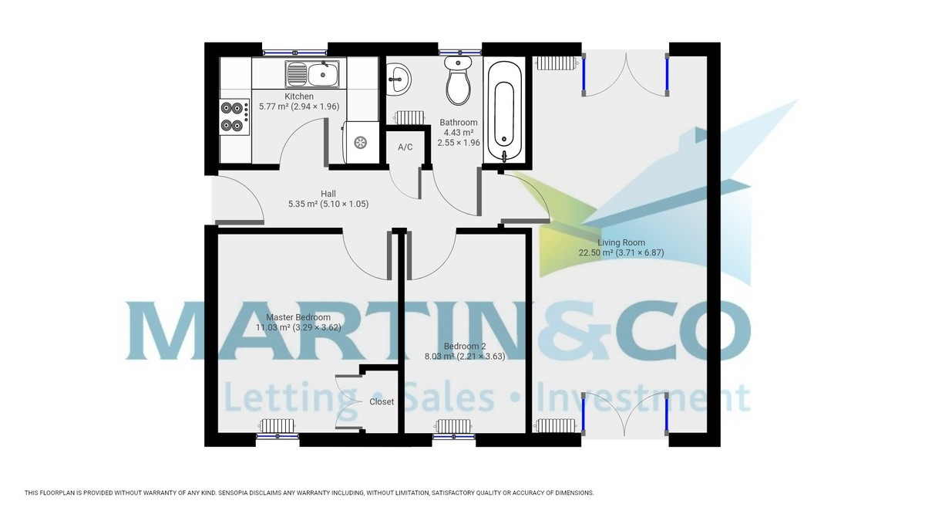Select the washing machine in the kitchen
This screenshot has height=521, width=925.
(360, 142)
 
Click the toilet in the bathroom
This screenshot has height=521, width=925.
(458, 80)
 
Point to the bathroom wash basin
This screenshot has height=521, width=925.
(399, 79)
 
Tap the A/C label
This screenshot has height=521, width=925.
(405, 147)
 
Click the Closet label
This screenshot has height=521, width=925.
(382, 402)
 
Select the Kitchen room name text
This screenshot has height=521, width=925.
(299, 96)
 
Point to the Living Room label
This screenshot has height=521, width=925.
(621, 242)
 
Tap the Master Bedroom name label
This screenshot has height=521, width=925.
(298, 317)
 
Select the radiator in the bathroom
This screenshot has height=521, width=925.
(409, 117)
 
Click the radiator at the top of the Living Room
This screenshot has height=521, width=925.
(554, 63)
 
